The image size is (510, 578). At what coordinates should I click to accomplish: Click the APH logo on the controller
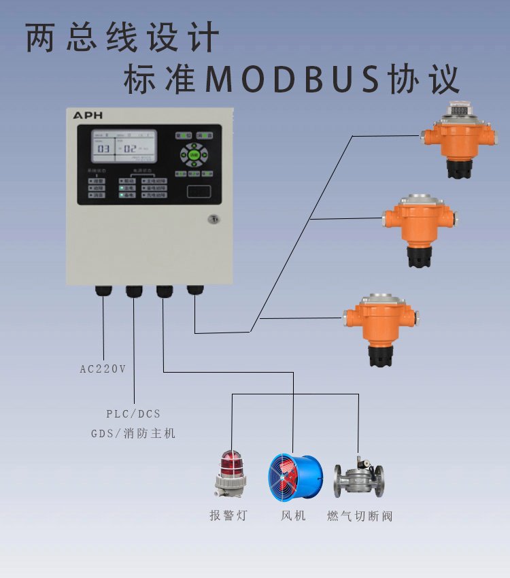(88, 116)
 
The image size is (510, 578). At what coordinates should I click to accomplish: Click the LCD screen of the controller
(124, 147)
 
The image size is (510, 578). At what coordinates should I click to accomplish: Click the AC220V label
(103, 369)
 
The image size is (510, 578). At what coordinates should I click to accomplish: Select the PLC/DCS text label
(133, 413)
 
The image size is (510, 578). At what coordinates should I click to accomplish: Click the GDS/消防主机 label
(133, 433)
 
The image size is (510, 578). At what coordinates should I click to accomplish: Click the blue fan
(294, 476)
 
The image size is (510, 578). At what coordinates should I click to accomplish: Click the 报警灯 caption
(228, 515)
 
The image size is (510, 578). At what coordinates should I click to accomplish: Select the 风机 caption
(294, 515)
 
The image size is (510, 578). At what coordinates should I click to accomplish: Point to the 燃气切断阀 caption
(360, 515)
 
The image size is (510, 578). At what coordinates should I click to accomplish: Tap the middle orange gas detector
(420, 228)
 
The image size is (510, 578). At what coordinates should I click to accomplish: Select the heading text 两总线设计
(123, 39)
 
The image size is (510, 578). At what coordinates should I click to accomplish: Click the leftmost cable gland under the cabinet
(103, 290)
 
